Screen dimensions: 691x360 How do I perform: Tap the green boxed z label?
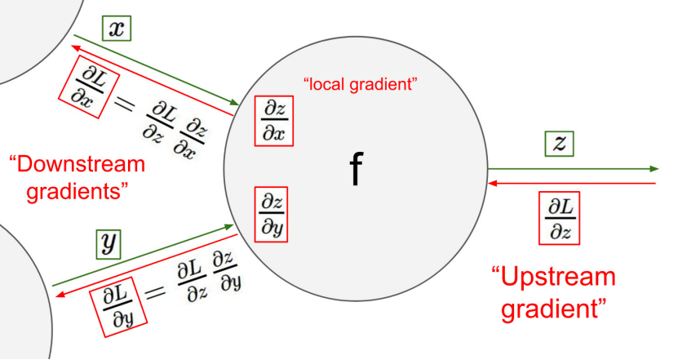point(560,144)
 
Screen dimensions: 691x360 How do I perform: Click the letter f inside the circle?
point(355,169)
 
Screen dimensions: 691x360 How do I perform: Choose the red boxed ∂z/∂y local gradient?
point(272,212)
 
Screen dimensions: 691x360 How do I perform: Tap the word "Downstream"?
point(78,165)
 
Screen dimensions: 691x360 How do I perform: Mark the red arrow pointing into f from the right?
point(571,183)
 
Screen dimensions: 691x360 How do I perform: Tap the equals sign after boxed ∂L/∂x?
point(124,104)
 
